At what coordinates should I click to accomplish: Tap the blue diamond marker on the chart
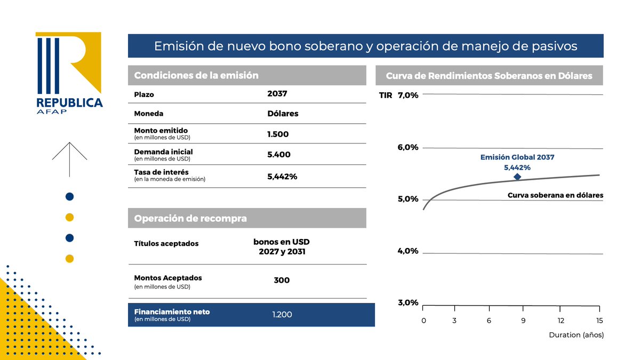(x=517, y=177)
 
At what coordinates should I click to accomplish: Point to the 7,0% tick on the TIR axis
(x=408, y=95)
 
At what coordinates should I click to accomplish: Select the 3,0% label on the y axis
(x=408, y=302)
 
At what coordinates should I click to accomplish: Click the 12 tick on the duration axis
(x=561, y=321)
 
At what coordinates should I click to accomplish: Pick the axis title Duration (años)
(x=576, y=335)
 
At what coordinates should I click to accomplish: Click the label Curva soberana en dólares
(x=555, y=196)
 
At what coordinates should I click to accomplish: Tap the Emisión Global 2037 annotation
(x=517, y=157)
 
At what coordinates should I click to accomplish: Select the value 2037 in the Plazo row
(x=277, y=94)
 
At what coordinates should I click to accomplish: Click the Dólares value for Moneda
(x=283, y=114)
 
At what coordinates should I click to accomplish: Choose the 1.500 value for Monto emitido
(x=278, y=134)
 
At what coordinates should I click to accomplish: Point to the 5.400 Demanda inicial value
(x=278, y=155)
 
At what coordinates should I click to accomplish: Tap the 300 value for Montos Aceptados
(x=281, y=280)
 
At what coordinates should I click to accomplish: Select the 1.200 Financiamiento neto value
(x=282, y=315)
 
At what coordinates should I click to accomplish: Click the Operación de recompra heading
(x=190, y=219)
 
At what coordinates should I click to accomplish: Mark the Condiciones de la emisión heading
(x=196, y=76)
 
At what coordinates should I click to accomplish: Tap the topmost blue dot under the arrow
(x=69, y=196)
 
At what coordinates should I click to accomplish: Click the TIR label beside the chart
(x=386, y=95)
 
